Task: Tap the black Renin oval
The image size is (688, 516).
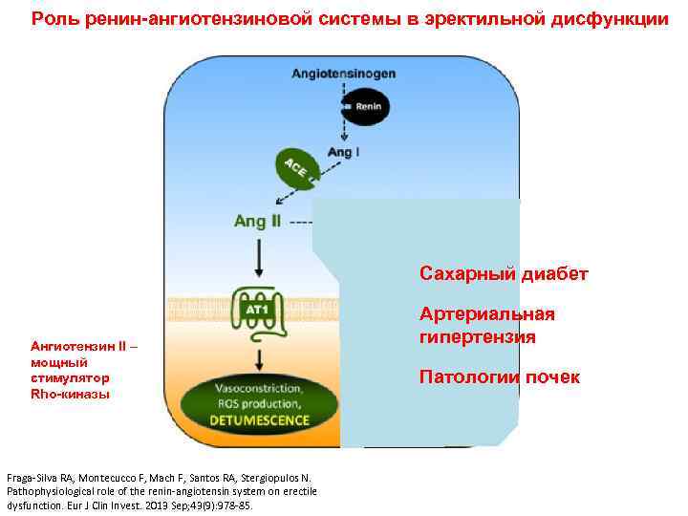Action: click(363, 106)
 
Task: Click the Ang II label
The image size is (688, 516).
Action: click(258, 222)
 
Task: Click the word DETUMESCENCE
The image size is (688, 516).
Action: click(260, 419)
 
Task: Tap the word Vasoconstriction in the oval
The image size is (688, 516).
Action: click(260, 389)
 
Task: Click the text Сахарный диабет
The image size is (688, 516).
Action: click(504, 275)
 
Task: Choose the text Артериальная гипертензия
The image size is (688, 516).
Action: click(486, 326)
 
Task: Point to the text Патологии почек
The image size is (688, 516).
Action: click(499, 377)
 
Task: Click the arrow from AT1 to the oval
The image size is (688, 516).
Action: click(259, 360)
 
